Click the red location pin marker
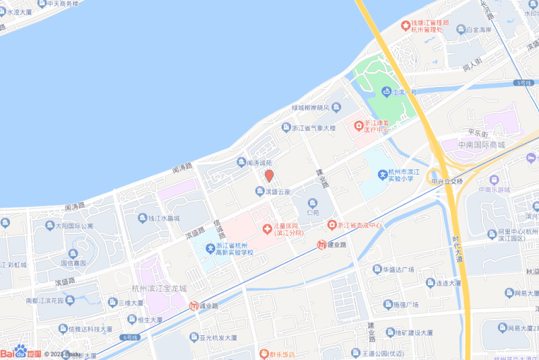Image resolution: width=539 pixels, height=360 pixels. (x=269, y=176)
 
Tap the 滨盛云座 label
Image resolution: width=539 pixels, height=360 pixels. (x=278, y=192)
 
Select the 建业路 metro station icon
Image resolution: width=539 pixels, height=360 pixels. (x=322, y=244)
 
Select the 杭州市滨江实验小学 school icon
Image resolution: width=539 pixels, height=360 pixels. (x=382, y=175)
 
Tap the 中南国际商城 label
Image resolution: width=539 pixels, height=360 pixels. (x=481, y=145)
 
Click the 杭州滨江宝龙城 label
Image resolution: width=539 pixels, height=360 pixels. (x=159, y=289)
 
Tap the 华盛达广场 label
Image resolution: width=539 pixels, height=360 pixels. (x=402, y=270)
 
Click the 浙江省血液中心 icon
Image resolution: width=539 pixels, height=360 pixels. (x=331, y=224)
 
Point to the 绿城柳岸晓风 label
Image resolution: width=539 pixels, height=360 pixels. (x=310, y=108)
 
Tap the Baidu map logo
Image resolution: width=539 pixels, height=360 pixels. (x=20, y=353)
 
